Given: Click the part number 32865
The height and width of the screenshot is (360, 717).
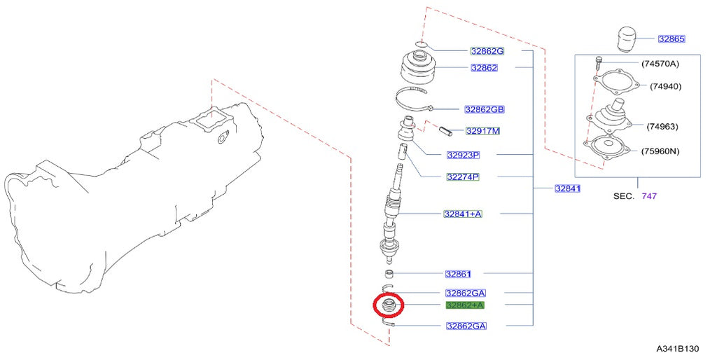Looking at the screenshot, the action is pos(671,39).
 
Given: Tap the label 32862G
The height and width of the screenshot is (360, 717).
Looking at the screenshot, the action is pos(487,51).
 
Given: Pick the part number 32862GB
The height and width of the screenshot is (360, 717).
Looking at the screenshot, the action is pos(485,109).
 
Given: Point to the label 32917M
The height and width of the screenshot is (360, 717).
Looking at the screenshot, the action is pos(482,131).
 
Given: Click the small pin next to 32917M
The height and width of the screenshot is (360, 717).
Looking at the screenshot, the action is pos(445,130).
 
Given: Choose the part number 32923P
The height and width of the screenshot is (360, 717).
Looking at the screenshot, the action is pos(463,155).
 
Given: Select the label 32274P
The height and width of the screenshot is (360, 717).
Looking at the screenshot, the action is pos(463,176).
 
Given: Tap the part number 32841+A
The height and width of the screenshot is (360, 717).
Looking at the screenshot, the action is pos(463,214).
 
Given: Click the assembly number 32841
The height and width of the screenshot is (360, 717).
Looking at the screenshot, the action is pos(567,188).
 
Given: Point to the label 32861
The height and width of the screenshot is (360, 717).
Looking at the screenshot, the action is pos(458,274).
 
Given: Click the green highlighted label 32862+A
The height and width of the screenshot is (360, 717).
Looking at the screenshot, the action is pos(465,305).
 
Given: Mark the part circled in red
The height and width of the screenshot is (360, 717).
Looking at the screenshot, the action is pos(388,305).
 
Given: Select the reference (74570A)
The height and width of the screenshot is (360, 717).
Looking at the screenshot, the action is pos(660,64).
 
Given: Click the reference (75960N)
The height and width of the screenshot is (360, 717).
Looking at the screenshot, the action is pos(660,151).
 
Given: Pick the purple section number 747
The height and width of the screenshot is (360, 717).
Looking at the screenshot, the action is pos(649,196).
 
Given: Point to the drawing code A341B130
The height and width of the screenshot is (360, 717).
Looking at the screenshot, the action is pos(678,349).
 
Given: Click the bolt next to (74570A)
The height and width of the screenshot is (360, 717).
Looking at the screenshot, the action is pos(599,62).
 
